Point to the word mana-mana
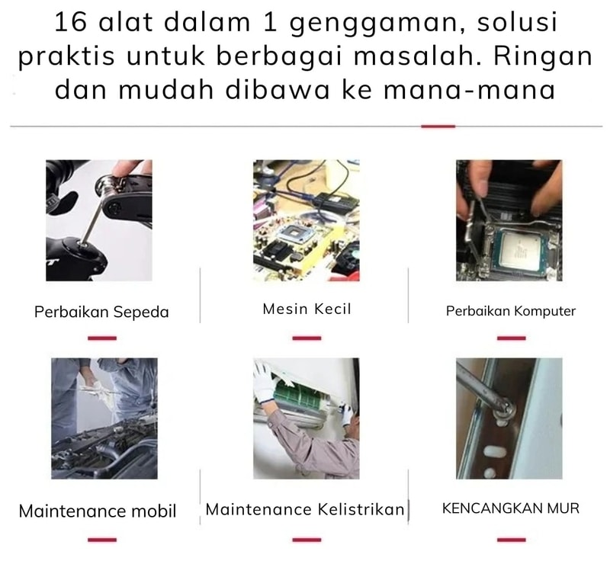469,89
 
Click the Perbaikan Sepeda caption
101,312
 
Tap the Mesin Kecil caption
307,309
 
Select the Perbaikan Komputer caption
510,311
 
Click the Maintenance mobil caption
98,511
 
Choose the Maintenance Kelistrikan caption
305,509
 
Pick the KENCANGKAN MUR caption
511,508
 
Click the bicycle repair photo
99,220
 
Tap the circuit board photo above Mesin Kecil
307,220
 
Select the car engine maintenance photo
104,418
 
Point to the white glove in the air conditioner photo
265,383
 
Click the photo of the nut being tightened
509,418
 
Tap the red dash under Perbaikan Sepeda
102,338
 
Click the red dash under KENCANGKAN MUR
511,540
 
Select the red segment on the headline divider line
438,126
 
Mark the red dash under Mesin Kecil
307,338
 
